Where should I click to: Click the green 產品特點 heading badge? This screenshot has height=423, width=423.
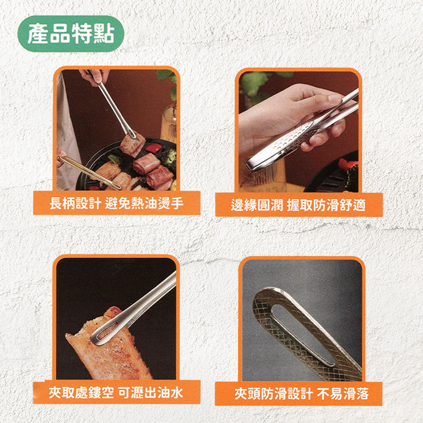(x=70, y=33)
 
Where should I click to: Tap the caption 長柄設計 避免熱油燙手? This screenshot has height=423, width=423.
(x=117, y=203)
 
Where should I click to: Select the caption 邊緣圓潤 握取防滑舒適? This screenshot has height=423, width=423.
(x=298, y=205)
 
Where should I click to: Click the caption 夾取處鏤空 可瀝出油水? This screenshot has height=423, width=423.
(x=116, y=393)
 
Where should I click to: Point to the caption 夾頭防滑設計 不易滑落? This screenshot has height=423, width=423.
(x=301, y=394)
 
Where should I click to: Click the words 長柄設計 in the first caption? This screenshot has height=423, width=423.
(x=75, y=203)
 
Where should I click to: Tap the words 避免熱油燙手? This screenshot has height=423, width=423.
(x=144, y=203)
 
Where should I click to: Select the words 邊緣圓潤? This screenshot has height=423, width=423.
(x=257, y=205)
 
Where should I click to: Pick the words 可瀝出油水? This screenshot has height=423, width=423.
(x=151, y=393)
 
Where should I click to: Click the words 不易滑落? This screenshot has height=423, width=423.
(x=342, y=394)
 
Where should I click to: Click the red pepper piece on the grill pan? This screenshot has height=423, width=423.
(x=153, y=148)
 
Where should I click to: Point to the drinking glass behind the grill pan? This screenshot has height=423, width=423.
(x=169, y=123)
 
